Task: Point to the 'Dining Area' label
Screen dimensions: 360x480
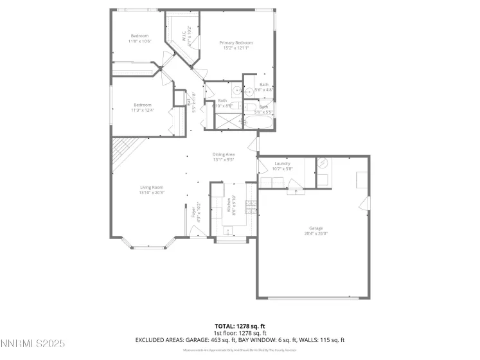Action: pos(224,154)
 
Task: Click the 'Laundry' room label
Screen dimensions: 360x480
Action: pos(283,163)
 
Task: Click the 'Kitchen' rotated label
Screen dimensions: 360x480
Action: pos(228,207)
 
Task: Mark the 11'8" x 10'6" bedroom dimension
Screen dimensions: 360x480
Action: pos(139,41)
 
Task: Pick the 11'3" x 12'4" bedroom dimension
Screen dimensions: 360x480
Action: pos(142,110)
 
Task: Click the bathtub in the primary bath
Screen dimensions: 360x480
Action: pos(257,121)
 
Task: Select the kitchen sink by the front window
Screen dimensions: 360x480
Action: pos(229,231)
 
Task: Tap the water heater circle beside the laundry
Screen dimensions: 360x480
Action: pos(323,163)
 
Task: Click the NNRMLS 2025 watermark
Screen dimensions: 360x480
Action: pos(33,345)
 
